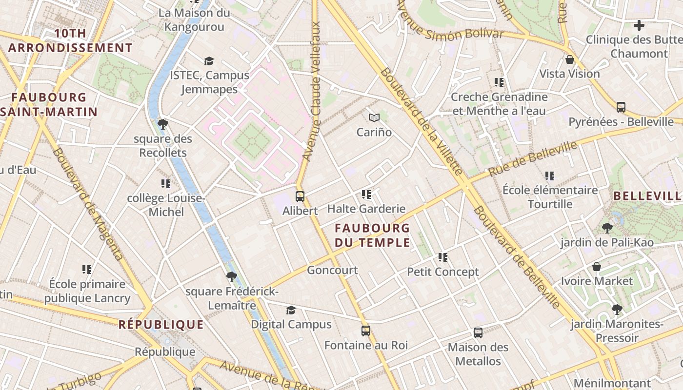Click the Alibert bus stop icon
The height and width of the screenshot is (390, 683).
300,196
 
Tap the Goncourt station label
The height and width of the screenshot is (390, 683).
332,270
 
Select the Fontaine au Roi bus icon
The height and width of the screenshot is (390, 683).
366,331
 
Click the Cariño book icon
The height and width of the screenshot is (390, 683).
374,117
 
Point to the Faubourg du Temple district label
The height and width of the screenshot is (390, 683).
372,234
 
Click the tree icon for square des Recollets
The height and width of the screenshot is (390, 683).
163,124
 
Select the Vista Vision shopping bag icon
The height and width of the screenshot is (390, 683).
569,60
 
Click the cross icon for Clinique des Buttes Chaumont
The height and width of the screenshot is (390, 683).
639,25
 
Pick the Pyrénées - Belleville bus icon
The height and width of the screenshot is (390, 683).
621,107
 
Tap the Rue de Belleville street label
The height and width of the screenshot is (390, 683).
533,158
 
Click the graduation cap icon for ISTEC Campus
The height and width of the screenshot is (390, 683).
209,61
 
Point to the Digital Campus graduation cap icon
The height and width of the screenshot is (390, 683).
291,311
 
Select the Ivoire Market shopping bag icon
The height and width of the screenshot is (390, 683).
596,267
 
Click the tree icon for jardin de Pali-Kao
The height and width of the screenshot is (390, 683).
607,228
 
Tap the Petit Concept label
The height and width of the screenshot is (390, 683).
443,272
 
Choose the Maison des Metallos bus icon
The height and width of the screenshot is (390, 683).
478,333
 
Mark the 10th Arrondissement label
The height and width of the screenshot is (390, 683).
70,40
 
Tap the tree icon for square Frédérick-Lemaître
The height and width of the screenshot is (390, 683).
232,277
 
